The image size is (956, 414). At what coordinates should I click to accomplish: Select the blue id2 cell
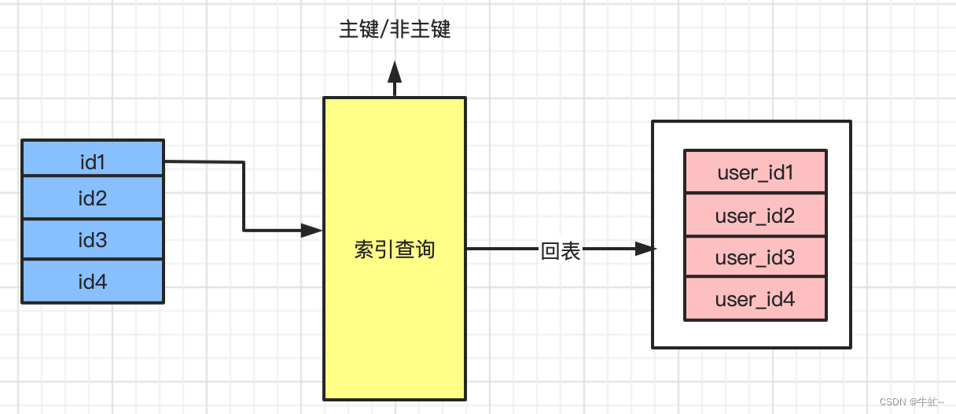[x=93, y=198]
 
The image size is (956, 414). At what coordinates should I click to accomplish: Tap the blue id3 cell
[x=93, y=239]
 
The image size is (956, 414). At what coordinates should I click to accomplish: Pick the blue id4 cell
[x=93, y=281]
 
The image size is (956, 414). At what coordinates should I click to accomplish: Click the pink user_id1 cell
[x=755, y=172]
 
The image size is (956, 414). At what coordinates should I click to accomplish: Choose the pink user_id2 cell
[x=755, y=214]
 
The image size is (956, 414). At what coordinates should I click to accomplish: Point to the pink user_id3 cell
[x=755, y=257]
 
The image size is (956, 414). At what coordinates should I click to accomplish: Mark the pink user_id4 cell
[x=755, y=299]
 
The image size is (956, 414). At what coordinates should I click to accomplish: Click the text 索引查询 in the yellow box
[x=395, y=250]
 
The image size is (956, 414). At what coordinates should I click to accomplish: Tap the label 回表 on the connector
[x=561, y=251]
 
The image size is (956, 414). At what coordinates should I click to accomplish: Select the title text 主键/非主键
[x=395, y=30]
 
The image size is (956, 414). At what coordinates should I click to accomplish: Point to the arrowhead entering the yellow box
[x=312, y=231]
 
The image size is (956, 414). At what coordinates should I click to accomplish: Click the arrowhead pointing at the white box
[x=645, y=249]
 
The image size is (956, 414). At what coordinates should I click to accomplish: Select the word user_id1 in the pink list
[x=755, y=172]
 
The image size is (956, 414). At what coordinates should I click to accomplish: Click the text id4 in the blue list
[x=93, y=281]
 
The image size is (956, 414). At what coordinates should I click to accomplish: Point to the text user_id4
[x=755, y=299]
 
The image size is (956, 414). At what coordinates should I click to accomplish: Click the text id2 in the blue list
[x=93, y=198]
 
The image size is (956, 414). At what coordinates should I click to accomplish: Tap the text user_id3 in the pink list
[x=755, y=257]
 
